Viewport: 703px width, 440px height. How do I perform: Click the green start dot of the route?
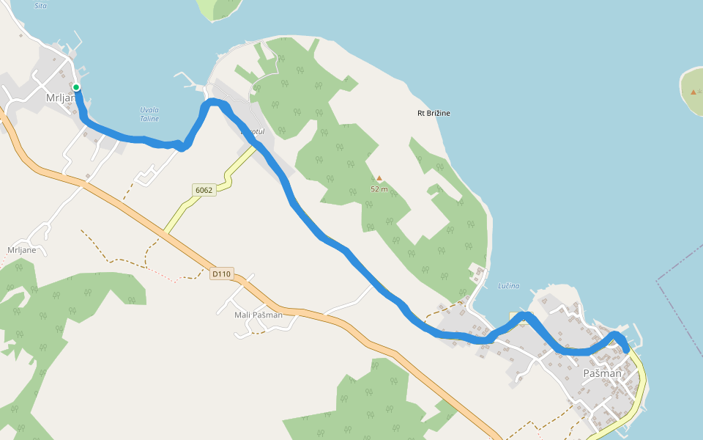pos(76,87)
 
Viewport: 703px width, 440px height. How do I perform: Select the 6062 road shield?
pos(204,191)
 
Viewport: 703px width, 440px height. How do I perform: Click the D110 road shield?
pos(220,274)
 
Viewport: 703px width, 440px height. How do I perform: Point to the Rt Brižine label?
pos(434,113)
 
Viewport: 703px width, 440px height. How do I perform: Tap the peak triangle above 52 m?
pos(379,177)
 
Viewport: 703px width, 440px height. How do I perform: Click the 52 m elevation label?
pos(379,189)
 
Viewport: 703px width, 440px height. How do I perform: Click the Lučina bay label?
pos(508,285)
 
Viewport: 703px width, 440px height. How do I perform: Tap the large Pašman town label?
pos(602,373)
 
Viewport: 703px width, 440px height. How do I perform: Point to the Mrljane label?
pos(22,250)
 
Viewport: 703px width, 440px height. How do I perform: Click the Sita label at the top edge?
pos(41,5)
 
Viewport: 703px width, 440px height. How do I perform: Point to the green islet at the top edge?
pos(219,8)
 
